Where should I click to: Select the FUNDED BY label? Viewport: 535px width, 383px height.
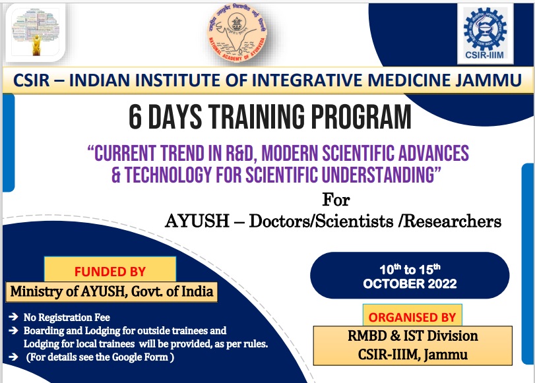point(110,271)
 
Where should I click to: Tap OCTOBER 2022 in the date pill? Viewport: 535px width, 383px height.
point(409,284)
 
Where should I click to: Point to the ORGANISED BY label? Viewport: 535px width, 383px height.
point(412,316)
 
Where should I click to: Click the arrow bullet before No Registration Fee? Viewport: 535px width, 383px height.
point(15,317)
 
